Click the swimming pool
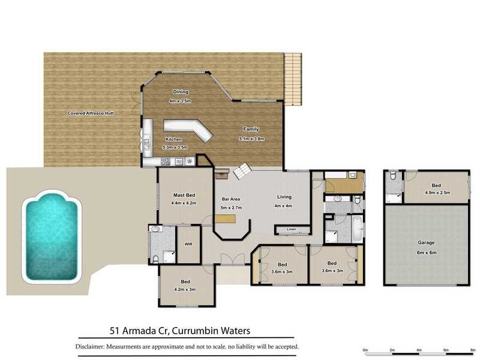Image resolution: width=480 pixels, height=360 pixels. tap(51, 236)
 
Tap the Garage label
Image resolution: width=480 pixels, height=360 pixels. tap(426, 243)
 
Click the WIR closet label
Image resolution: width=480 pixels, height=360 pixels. tap(188, 244)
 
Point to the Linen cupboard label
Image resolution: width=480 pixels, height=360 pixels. tap(292, 229)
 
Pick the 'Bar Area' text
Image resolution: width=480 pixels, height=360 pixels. tap(230, 199)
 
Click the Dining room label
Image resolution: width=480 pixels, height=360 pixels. tap(181, 92)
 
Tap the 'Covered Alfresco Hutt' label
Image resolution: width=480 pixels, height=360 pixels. tap(91, 113)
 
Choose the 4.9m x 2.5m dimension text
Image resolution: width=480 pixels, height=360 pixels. tap(437, 193)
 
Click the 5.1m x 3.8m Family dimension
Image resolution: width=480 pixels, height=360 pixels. tap(251, 139)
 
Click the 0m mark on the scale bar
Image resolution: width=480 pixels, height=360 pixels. tap(365, 349)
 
